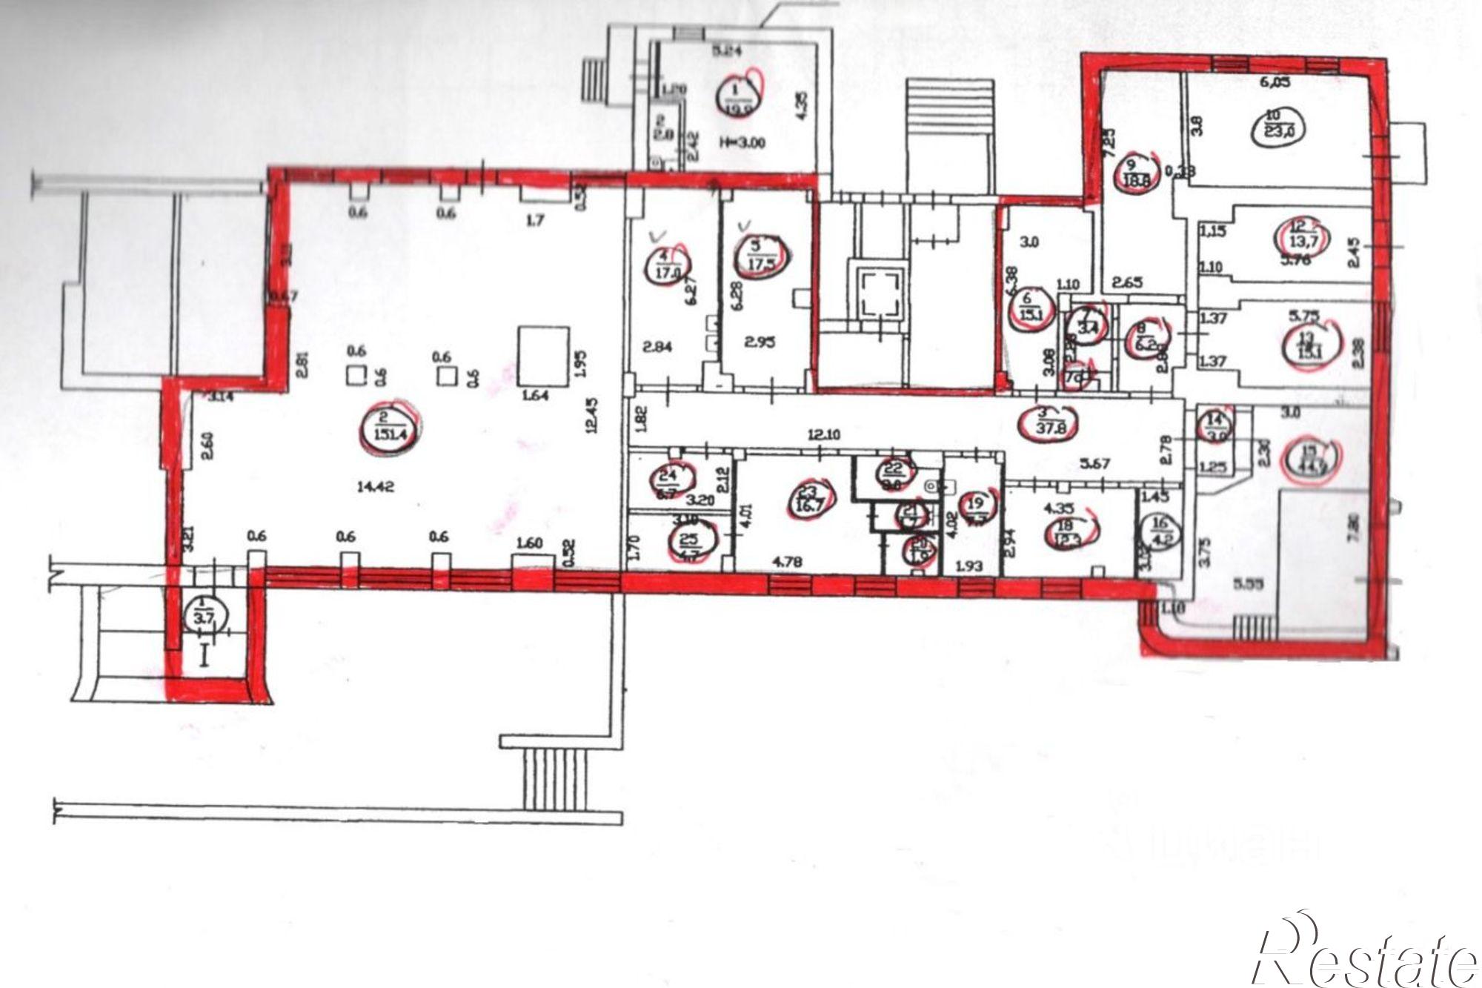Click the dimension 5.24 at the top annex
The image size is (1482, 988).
[727, 53]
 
